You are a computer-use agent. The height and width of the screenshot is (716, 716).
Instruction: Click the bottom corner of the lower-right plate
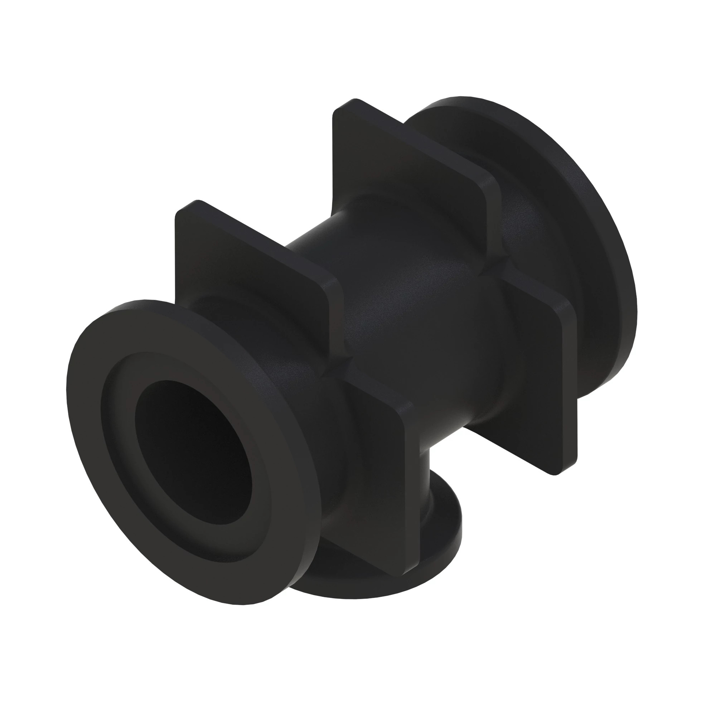(556, 473)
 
